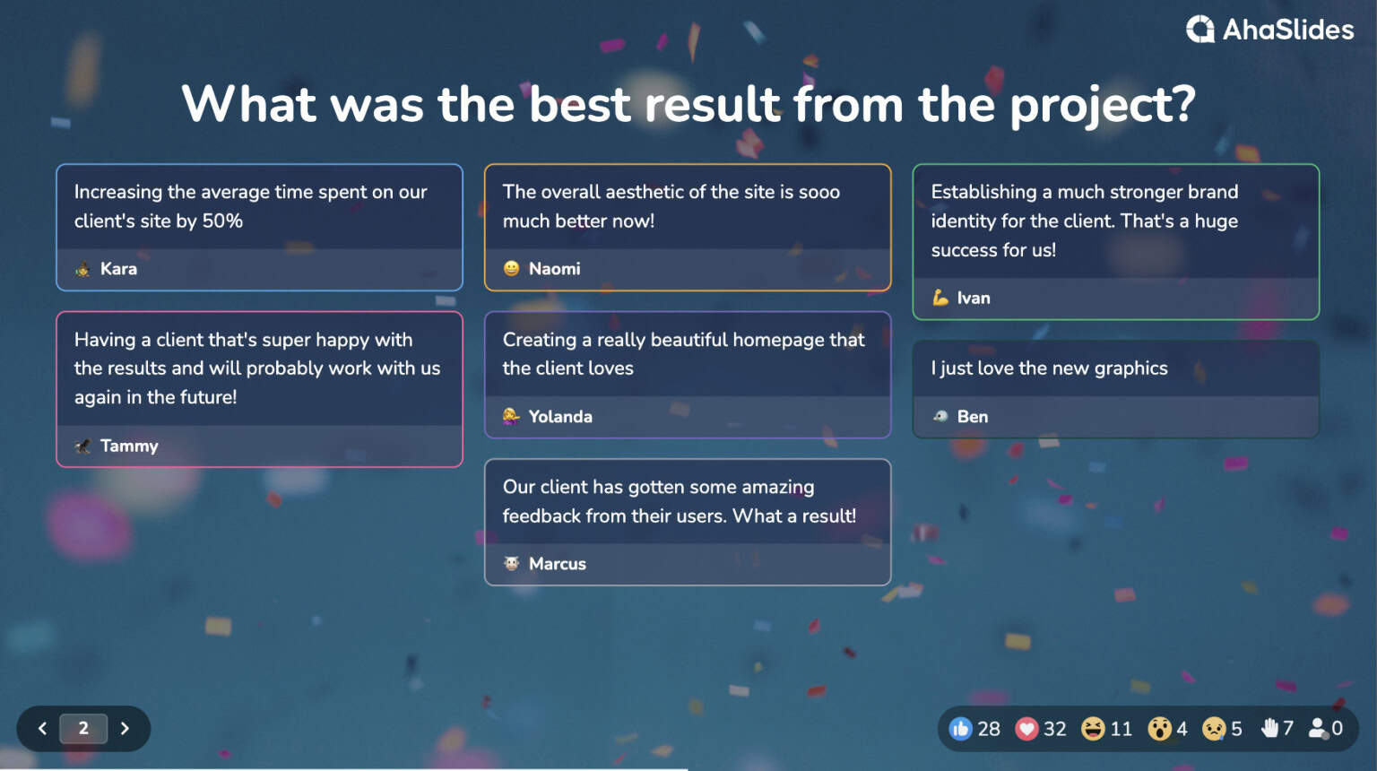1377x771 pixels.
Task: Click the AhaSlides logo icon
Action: point(1200,30)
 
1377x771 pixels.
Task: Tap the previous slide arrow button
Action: point(42,729)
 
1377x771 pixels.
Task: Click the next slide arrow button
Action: point(125,729)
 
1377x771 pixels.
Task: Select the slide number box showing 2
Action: point(83,729)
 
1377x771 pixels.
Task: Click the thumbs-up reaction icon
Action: point(960,729)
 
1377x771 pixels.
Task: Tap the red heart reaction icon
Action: point(1026,729)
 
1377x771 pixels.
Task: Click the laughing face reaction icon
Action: point(1093,729)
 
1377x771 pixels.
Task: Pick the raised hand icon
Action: point(1269,729)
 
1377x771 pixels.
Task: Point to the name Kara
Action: point(118,269)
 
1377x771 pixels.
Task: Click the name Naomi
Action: point(554,269)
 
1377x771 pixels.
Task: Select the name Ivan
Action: point(974,299)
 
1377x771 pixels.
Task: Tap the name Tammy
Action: point(129,446)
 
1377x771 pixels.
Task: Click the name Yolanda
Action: point(560,417)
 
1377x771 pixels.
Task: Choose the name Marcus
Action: point(558,564)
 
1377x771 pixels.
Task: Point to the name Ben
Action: point(973,417)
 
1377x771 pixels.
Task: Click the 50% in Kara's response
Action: point(222,221)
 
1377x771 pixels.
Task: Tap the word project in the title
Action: point(1103,106)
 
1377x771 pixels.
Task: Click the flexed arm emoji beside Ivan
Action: point(940,298)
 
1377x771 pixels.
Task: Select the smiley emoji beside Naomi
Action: point(512,268)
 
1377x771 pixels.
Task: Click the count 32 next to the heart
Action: point(1055,729)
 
